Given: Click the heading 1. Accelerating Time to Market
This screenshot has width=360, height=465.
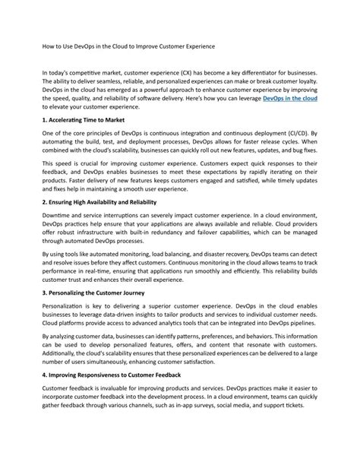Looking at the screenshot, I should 84,121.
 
